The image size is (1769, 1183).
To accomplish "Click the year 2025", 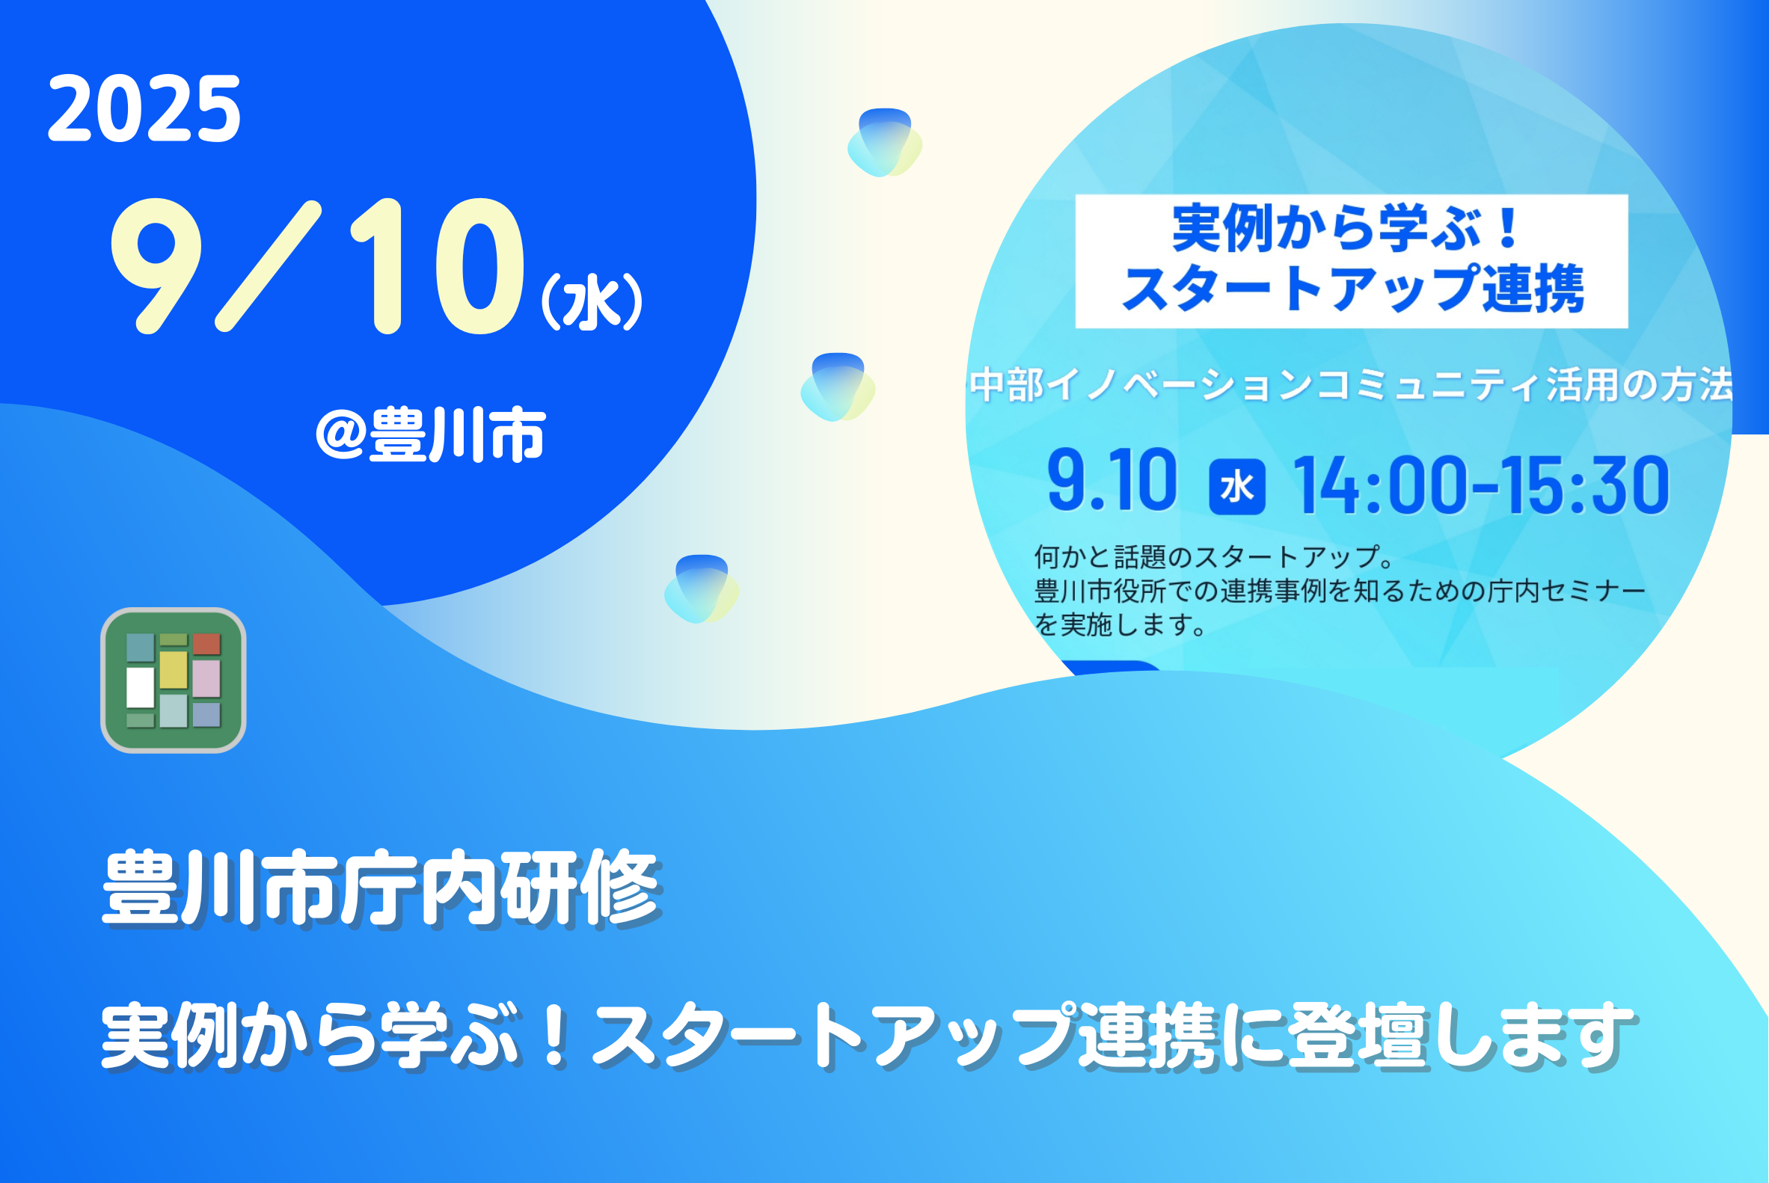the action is click(144, 108).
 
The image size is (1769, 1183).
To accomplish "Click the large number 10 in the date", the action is click(437, 265).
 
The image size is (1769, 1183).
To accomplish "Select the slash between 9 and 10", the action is click(269, 265).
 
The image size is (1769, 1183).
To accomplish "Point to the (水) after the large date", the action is click(592, 301).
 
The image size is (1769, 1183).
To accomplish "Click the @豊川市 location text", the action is click(430, 434).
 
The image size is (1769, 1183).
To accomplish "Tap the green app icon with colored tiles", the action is click(174, 680).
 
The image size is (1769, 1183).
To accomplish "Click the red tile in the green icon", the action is click(206, 644).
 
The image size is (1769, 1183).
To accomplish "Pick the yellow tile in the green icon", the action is click(174, 670).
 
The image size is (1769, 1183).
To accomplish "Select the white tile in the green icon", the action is click(141, 687).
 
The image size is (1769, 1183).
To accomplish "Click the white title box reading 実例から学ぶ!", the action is click(1352, 261).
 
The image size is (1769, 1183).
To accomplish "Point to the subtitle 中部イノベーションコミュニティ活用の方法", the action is click(1351, 385).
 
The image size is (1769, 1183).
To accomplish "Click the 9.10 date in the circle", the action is click(1112, 480).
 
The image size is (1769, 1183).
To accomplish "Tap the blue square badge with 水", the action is click(1238, 487).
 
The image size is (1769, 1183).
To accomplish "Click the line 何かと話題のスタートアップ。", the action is click(1214, 557).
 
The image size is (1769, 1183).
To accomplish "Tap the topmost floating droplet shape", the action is click(884, 143).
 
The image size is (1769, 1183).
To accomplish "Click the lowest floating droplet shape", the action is click(701, 589).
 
